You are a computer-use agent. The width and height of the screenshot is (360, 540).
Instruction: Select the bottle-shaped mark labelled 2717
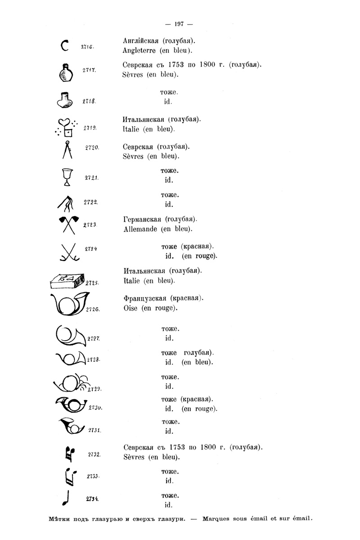(x=67, y=72)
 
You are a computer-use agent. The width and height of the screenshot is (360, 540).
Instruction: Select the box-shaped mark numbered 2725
(x=65, y=282)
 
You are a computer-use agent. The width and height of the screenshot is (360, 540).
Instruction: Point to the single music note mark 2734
(x=67, y=497)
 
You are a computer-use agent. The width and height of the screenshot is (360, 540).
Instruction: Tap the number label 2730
(x=95, y=407)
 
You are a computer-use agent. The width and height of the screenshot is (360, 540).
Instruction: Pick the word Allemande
(x=140, y=229)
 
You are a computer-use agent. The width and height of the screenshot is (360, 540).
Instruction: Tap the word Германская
(x=142, y=220)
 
